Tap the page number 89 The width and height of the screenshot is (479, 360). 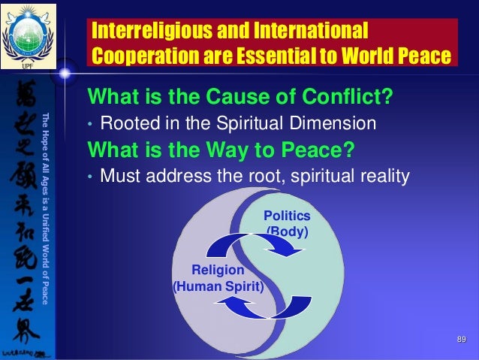tap(462, 342)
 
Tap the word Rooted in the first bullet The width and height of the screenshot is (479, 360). tap(125, 123)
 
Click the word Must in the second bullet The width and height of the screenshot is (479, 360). tap(119, 176)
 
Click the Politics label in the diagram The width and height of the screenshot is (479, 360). tap(287, 216)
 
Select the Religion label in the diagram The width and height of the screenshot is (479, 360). tap(218, 270)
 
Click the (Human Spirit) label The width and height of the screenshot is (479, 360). tap(218, 286)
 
